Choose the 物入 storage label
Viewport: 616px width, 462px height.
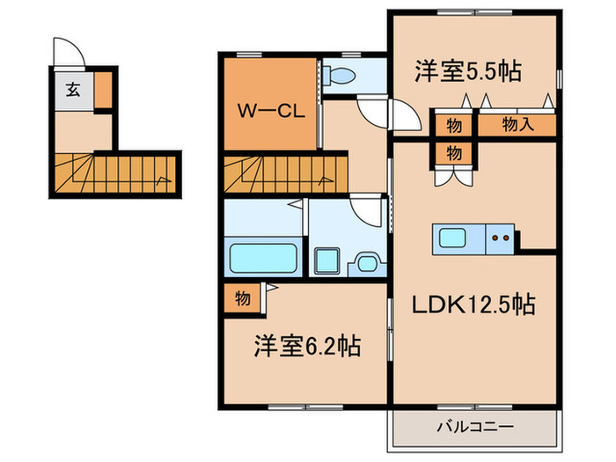click(x=517, y=125)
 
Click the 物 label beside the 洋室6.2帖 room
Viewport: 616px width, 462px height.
click(x=242, y=298)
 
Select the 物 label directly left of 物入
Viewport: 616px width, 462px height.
click(x=453, y=125)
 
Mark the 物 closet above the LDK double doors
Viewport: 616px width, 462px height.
click(x=453, y=152)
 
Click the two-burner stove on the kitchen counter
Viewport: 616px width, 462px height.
click(x=502, y=237)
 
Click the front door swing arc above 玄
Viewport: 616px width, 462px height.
click(x=68, y=51)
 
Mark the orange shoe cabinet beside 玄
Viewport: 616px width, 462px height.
click(x=103, y=90)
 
